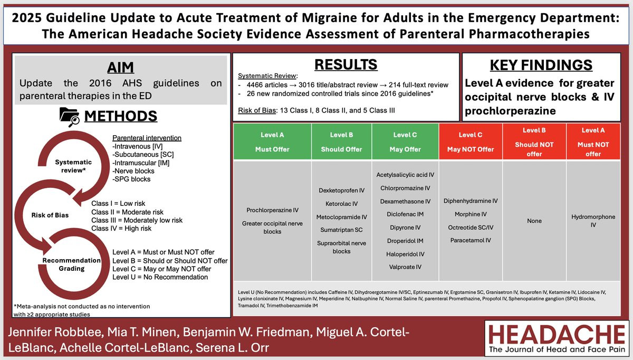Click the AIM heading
[x=121, y=67]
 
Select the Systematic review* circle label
[x=73, y=166]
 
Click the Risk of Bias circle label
[x=50, y=215]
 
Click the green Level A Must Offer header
[x=272, y=142]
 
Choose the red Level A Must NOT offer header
[x=593, y=142]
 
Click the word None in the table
[x=534, y=221]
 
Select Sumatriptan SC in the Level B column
[x=341, y=230]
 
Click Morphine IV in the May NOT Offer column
[x=471, y=214]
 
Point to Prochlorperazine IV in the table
[x=272, y=210]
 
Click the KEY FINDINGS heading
[x=541, y=65]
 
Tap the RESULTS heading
[x=346, y=64]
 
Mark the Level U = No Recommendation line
[x=160, y=277]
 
